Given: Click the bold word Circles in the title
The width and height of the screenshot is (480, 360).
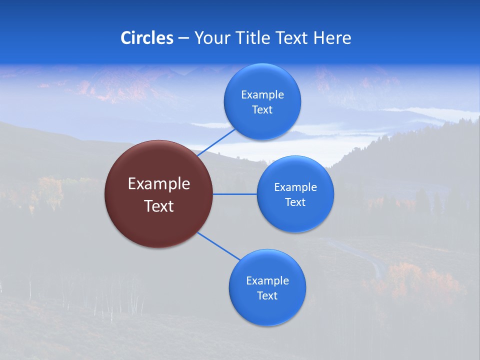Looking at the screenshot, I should point(147,38).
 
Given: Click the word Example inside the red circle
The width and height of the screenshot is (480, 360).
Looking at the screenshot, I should point(159,184).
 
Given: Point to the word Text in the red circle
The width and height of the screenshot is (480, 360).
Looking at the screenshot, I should point(159,206).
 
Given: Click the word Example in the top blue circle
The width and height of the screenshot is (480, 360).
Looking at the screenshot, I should point(262,95).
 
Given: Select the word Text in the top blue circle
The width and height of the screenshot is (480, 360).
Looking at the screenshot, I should point(262,110).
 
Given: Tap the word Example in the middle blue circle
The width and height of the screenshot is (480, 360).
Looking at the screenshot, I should point(295,187).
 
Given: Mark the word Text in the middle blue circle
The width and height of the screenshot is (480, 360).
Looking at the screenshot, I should point(295,202).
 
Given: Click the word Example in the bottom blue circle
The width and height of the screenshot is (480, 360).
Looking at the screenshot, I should point(267,281).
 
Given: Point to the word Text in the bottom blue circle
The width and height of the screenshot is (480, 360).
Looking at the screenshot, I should point(267,296).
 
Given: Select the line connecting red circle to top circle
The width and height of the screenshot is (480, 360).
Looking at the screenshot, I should point(216,142).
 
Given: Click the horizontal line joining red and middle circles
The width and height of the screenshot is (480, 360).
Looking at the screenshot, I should point(235,194).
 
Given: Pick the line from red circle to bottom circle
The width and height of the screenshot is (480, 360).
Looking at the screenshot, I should point(219,246).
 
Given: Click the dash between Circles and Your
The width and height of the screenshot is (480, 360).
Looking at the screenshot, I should point(183,38).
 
